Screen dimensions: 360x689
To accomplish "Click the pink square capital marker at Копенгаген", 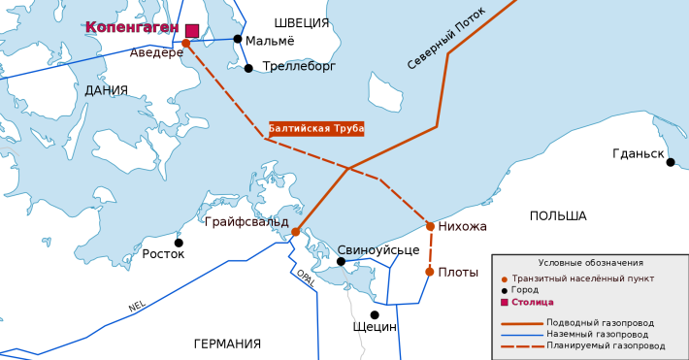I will pos(192,31).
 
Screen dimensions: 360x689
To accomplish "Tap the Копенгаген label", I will pos(132,27).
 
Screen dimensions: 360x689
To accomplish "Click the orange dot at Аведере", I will pos(185,43).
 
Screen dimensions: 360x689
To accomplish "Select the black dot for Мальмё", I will pos(237,39).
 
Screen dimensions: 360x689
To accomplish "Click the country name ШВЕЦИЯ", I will pos(302,22).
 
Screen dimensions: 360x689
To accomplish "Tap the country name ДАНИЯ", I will pos(107,90).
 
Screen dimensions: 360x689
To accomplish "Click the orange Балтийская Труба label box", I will pos(315,128).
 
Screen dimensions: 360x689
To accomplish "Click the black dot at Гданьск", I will pos(671,162).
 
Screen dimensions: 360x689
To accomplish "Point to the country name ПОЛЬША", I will pos(558,215).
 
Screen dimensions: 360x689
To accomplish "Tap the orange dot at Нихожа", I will pos(431,227).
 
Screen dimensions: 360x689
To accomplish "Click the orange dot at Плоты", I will pos(430,272).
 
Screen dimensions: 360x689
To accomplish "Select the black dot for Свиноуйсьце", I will pos(341,261).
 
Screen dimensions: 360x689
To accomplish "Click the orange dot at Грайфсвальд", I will pos(296,232).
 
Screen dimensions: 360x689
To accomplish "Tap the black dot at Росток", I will pos(179,243).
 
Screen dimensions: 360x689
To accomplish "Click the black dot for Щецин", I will pos(375,314).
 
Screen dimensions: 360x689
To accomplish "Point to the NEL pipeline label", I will pos(137,307).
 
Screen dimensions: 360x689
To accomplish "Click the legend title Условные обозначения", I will pos(590,263).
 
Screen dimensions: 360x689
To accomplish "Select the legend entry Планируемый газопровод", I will pos(606,344).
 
